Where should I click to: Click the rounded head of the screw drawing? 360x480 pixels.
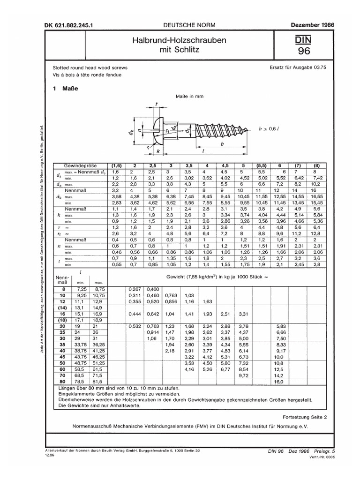159,127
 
